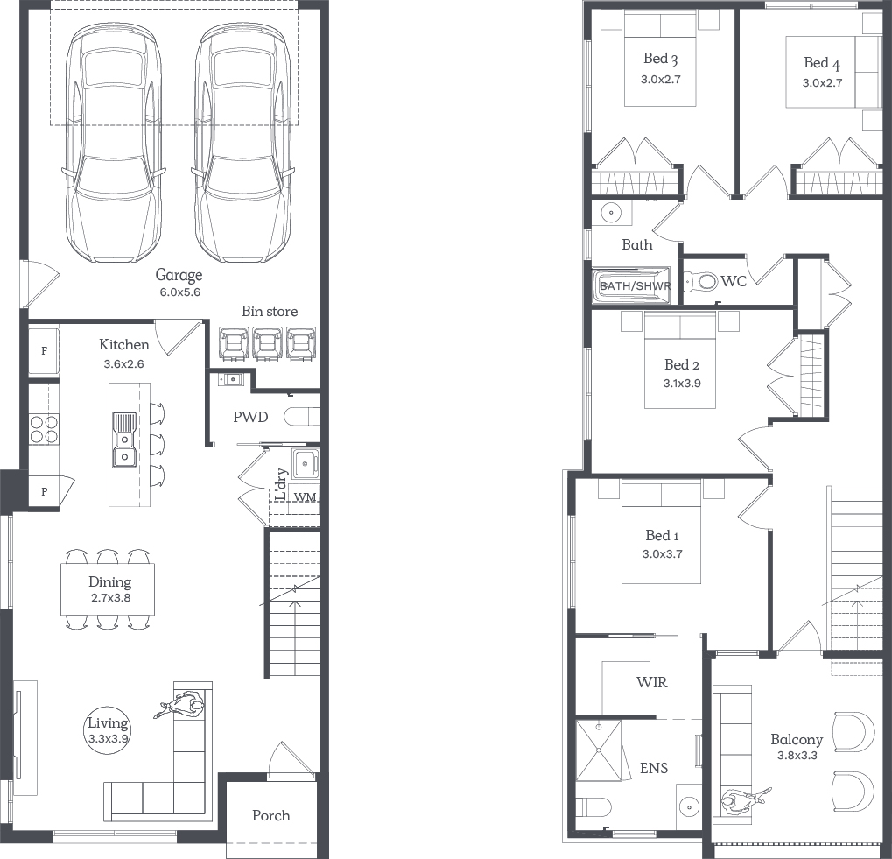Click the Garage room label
point(179,275)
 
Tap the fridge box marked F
point(44,351)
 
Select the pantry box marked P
point(45,491)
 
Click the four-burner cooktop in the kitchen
point(44,429)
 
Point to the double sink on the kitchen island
point(124,440)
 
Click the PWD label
point(250,417)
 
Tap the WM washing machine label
point(305,497)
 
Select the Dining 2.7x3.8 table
point(108,589)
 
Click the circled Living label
point(108,730)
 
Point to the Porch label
point(271,816)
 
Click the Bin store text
point(270,311)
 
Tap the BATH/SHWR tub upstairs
point(632,285)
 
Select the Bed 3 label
point(661,59)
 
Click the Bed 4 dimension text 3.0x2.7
point(822,83)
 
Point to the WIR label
point(652,682)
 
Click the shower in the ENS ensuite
point(599,751)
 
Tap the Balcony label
point(797,740)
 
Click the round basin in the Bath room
point(612,213)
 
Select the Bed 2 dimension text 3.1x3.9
point(682,384)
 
